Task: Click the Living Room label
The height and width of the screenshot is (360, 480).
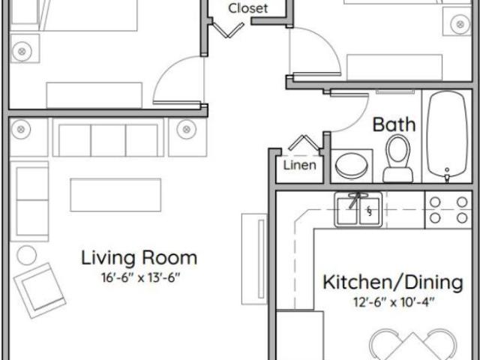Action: tap(139, 258)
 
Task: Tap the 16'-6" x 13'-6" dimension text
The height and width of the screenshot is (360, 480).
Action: tap(140, 278)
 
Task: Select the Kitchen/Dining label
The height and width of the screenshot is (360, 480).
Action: tap(393, 283)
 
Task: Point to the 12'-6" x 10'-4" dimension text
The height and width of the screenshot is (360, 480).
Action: tap(394, 302)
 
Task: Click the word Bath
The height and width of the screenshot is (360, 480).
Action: tap(394, 124)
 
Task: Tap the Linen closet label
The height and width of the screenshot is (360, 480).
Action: tap(300, 165)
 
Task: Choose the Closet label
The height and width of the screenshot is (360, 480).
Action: tap(248, 8)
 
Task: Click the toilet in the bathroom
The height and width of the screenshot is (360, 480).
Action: tap(398, 159)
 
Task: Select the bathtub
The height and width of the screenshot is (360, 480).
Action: tap(447, 135)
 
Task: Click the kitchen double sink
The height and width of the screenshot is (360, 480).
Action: tap(358, 210)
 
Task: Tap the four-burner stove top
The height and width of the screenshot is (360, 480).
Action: tap(448, 210)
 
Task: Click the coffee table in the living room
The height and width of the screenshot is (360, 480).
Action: tap(115, 195)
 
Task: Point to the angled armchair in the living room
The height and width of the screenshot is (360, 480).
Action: tap(40, 290)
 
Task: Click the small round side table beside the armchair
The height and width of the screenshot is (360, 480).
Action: tap(27, 255)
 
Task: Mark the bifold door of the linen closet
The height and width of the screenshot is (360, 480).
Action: tap(304, 142)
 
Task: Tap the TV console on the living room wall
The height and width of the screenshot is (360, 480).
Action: tap(254, 259)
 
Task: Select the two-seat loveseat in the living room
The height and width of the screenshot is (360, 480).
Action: tap(29, 201)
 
